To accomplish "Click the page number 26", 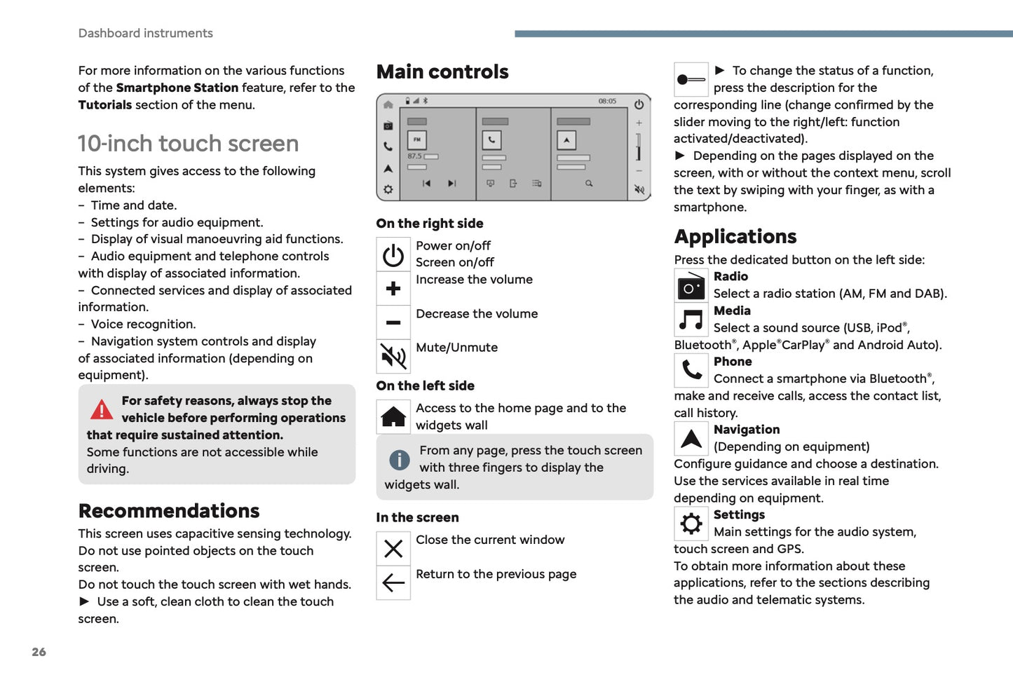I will (x=39, y=652).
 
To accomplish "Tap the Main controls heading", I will (x=442, y=71).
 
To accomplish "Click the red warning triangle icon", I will (x=102, y=409).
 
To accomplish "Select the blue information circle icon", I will (x=399, y=460).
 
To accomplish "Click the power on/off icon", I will (x=393, y=255).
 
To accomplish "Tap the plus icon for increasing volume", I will (x=393, y=289).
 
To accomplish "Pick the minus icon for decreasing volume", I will (x=393, y=323).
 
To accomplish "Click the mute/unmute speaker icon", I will (x=393, y=357).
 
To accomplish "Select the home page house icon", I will (x=393, y=417).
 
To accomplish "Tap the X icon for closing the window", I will (x=393, y=549).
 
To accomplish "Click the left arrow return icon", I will (x=393, y=582).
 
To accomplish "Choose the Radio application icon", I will (x=691, y=287).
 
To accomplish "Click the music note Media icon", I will (x=691, y=320).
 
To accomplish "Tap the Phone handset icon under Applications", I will (x=691, y=370).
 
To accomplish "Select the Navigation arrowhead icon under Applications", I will (x=691, y=439).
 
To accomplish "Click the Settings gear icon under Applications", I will (x=691, y=524).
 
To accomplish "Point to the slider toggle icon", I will (x=691, y=80).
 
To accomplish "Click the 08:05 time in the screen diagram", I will (x=607, y=102).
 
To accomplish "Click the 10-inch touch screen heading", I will (x=188, y=144).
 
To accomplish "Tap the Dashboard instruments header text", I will (x=145, y=33).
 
